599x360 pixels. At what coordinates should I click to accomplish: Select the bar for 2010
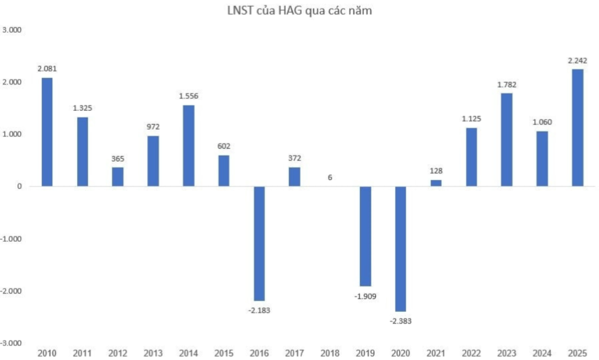[47, 132]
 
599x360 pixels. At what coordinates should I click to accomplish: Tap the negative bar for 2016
[259, 243]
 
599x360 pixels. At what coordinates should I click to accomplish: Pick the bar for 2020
[400, 249]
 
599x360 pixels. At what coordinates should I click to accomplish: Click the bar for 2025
[578, 127]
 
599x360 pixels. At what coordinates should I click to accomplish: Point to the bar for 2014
[188, 145]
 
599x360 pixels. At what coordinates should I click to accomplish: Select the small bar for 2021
[436, 183]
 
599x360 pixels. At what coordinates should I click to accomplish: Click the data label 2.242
[578, 60]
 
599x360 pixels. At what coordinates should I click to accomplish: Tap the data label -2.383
[400, 321]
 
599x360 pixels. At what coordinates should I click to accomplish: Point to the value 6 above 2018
[330, 177]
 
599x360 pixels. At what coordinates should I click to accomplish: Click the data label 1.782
[506, 85]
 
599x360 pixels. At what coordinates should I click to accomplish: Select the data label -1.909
[365, 296]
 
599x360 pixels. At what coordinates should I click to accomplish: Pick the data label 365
[118, 159]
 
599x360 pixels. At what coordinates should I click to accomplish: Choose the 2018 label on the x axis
[330, 353]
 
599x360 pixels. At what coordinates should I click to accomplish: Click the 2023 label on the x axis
[507, 353]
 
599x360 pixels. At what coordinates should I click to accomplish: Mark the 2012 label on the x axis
[118, 353]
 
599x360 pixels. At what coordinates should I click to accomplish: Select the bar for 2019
[365, 236]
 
